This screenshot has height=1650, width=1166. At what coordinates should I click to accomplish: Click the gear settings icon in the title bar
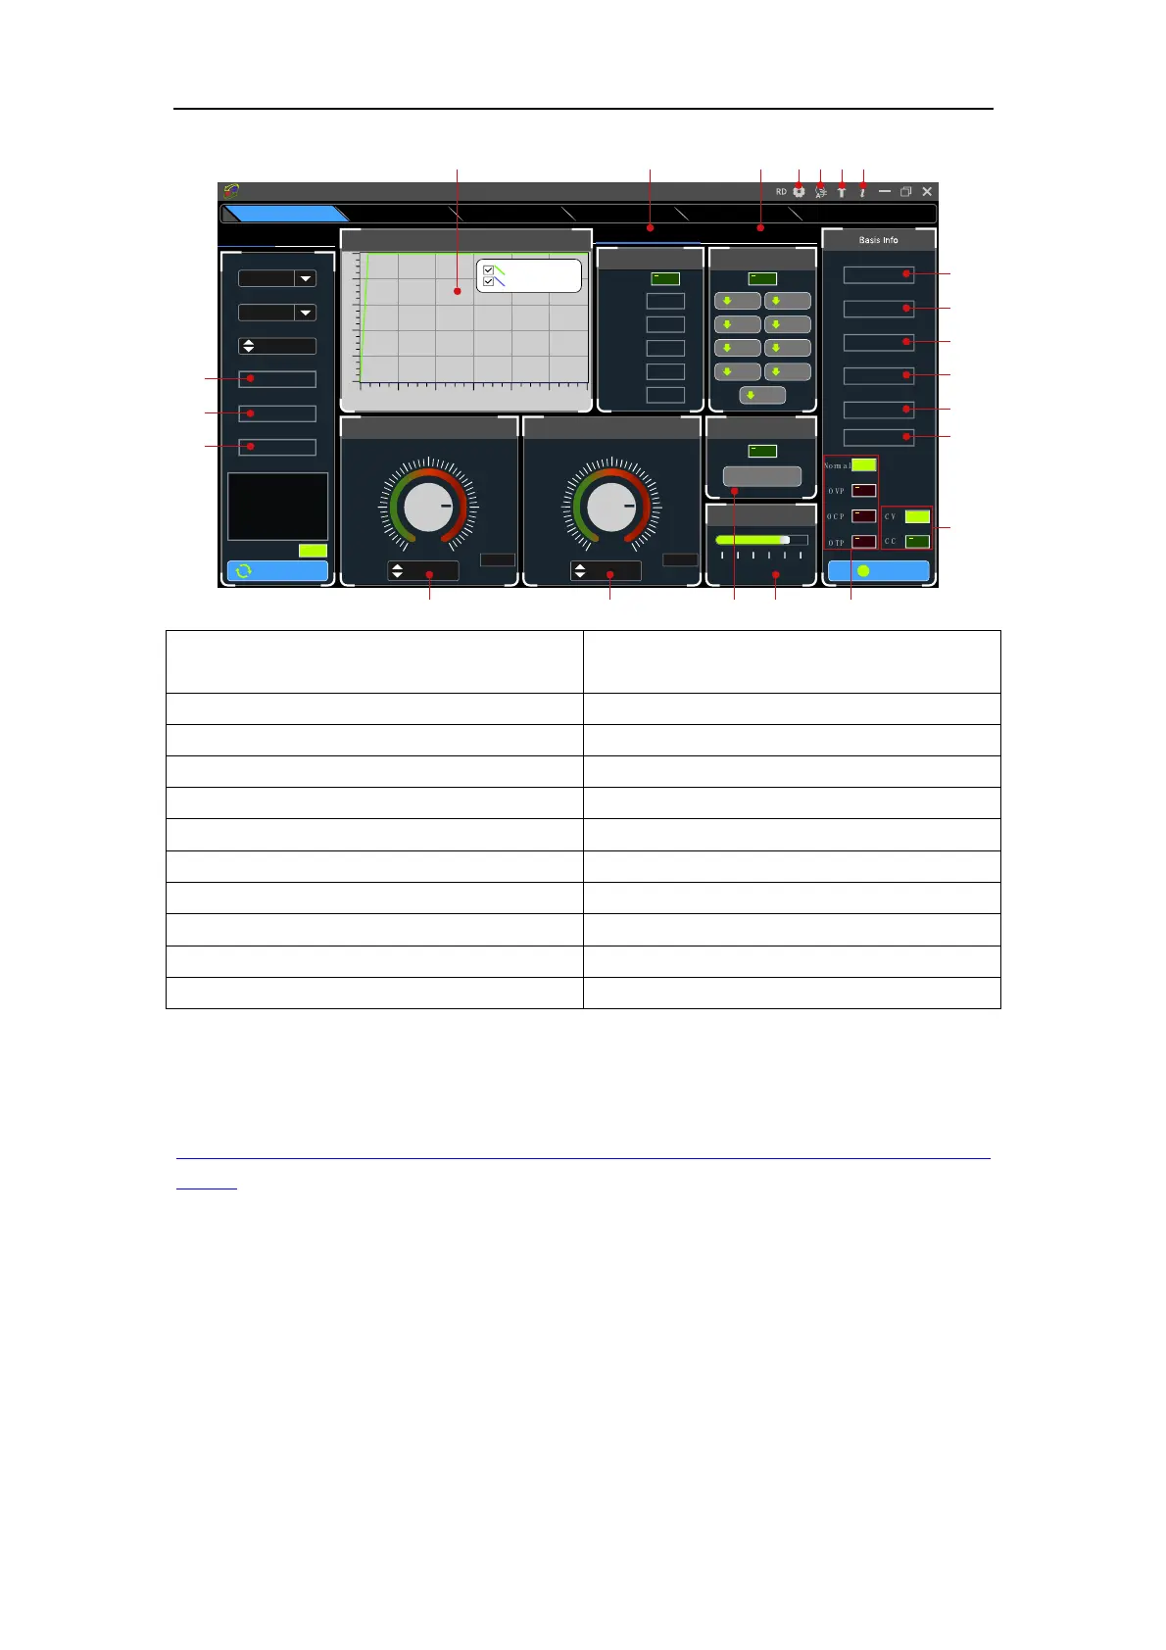pyautogui.click(x=799, y=192)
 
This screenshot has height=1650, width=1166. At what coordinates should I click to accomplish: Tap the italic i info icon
pyautogui.click(x=862, y=192)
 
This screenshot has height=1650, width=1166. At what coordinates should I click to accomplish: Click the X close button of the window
pyautogui.click(x=927, y=192)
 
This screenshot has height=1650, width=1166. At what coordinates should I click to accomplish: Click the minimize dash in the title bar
pyautogui.click(x=885, y=192)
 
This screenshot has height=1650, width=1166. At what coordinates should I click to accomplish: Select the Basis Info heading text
pyautogui.click(x=878, y=240)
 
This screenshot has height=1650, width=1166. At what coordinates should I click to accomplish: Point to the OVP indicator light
pyautogui.click(x=863, y=490)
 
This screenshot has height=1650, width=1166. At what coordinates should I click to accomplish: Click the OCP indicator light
pyautogui.click(x=863, y=515)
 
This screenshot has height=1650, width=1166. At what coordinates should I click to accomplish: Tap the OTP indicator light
pyautogui.click(x=863, y=541)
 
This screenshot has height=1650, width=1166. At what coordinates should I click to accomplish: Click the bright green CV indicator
pyautogui.click(x=917, y=515)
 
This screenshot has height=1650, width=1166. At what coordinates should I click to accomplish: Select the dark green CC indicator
pyautogui.click(x=917, y=541)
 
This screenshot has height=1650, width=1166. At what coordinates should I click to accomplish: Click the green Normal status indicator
pyautogui.click(x=863, y=464)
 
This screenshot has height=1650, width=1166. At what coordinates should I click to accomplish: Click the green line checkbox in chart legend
pyautogui.click(x=489, y=270)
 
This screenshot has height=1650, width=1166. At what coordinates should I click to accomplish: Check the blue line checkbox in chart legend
pyautogui.click(x=489, y=282)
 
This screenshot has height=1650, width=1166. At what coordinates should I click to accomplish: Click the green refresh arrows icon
pyautogui.click(x=243, y=570)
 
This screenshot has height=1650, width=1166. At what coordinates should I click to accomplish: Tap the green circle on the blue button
pyautogui.click(x=863, y=570)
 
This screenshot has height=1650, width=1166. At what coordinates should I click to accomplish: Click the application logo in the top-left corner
pyautogui.click(x=231, y=192)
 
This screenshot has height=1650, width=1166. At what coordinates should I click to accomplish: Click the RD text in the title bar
pyautogui.click(x=781, y=192)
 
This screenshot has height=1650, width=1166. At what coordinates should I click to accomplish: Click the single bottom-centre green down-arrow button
pyautogui.click(x=761, y=395)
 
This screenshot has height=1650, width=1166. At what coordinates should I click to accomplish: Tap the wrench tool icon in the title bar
pyautogui.click(x=842, y=192)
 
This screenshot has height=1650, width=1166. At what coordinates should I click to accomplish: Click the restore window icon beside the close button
pyautogui.click(x=906, y=192)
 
